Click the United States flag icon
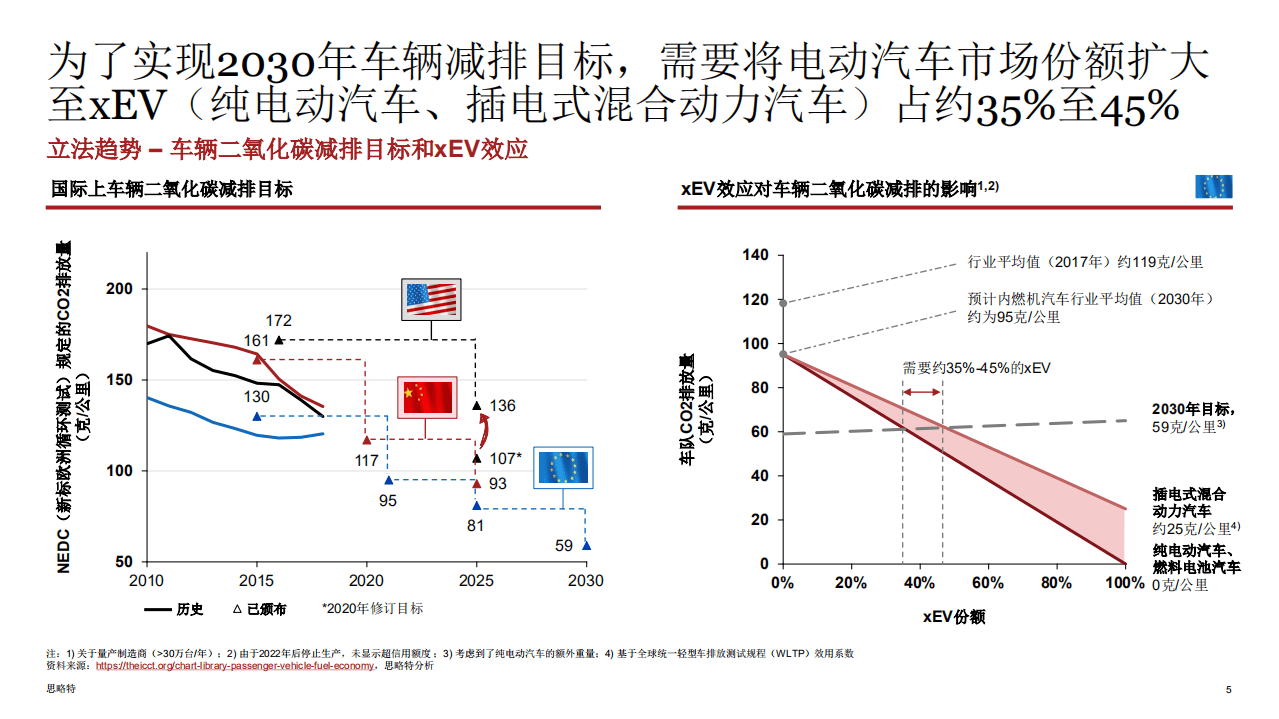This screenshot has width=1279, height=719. pyautogui.click(x=430, y=298)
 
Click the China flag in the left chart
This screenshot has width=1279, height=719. pyautogui.click(x=427, y=398)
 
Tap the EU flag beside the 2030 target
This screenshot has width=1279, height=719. pyautogui.click(x=564, y=467)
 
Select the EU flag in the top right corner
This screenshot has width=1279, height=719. pyautogui.click(x=1214, y=187)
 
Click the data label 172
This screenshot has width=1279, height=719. pyautogui.click(x=279, y=321)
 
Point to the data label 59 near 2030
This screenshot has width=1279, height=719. pyautogui.click(x=564, y=546)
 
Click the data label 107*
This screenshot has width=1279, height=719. pyautogui.click(x=504, y=458)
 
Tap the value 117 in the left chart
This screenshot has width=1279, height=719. pyautogui.click(x=367, y=461)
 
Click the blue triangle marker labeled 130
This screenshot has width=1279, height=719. pyautogui.click(x=257, y=416)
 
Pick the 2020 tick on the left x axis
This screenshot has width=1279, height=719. pyautogui.click(x=367, y=580)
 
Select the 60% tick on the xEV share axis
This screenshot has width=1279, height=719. pyautogui.click(x=987, y=583)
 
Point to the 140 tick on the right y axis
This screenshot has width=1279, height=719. pyautogui.click(x=756, y=256)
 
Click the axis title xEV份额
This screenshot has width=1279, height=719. pyautogui.click(x=953, y=617)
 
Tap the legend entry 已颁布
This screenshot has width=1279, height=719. pyautogui.click(x=263, y=609)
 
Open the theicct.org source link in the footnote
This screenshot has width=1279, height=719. pyautogui.click(x=236, y=666)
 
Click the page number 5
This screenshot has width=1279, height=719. pyautogui.click(x=1229, y=690)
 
